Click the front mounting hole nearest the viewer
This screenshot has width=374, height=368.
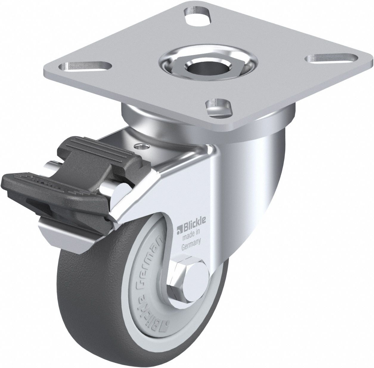219,107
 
